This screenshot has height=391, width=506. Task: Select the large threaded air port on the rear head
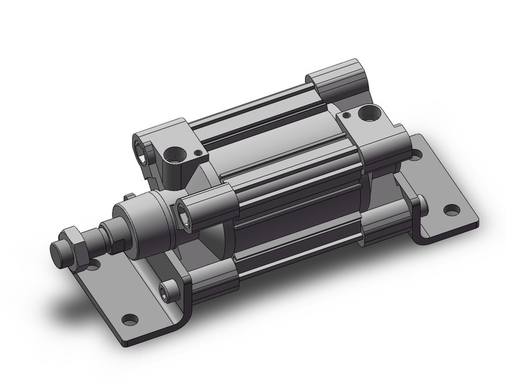367,114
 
